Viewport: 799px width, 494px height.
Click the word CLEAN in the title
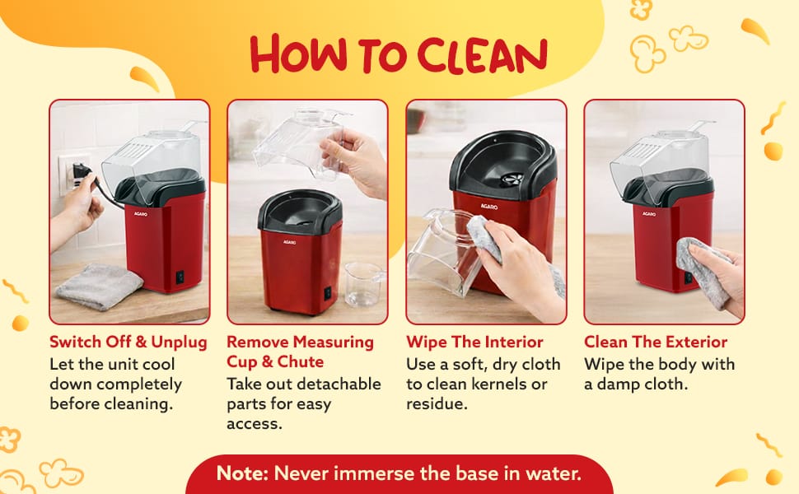[482, 55]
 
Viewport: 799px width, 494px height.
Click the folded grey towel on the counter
[100, 287]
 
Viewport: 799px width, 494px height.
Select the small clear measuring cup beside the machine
[362, 283]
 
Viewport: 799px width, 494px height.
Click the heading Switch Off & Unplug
[128, 342]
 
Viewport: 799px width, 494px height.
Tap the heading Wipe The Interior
[474, 342]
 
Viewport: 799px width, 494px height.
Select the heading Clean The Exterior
[656, 342]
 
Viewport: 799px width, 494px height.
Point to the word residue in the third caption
[437, 404]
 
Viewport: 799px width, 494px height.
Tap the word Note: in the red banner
[242, 473]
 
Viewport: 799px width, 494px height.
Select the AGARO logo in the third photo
[488, 207]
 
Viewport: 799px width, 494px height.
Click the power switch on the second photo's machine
[328, 293]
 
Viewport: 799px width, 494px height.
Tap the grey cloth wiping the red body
[703, 273]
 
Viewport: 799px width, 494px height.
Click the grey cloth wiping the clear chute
[485, 239]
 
